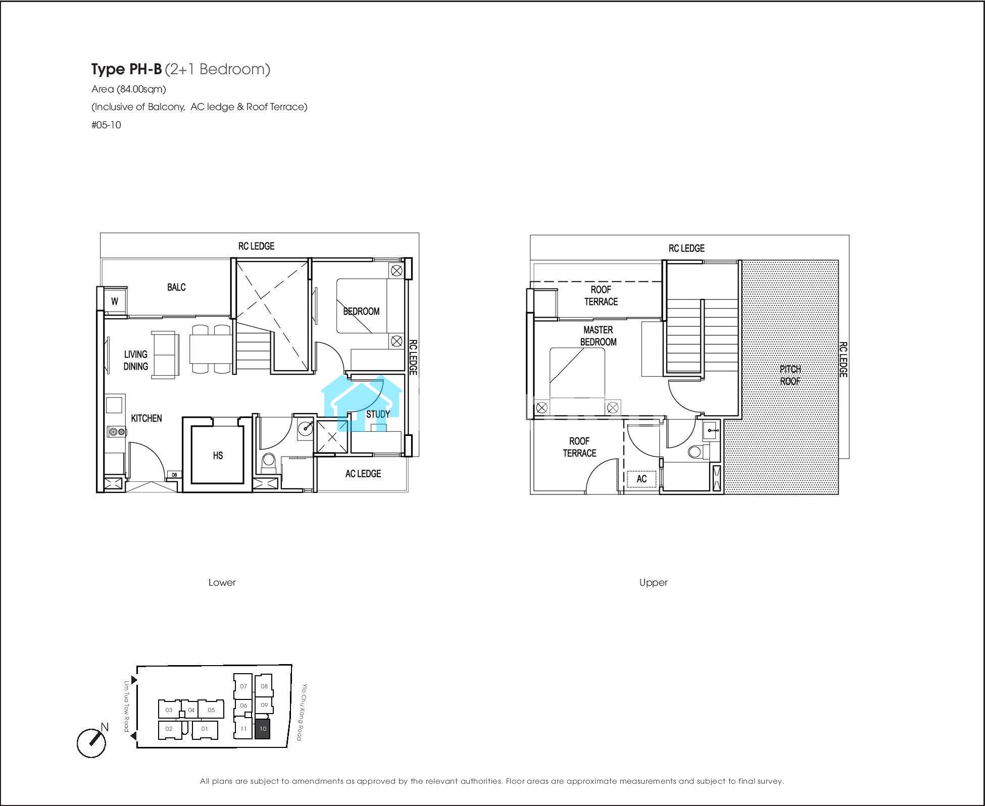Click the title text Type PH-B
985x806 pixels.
[126, 69]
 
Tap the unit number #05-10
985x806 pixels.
[106, 125]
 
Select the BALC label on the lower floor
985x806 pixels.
[176, 287]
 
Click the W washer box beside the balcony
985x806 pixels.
[115, 301]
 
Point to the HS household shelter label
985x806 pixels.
[218, 456]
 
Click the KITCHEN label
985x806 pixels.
[146, 418]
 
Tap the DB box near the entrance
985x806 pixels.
[174, 475]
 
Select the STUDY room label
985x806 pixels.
[378, 414]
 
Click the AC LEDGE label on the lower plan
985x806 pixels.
[363, 474]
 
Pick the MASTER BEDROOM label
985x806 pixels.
[598, 336]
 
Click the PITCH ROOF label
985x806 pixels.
[790, 375]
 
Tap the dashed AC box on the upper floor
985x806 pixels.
[642, 479]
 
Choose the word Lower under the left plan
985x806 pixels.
[222, 582]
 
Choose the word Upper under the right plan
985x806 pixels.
[653, 582]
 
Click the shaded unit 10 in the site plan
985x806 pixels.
[262, 729]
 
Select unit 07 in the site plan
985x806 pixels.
[243, 686]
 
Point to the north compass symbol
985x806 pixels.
[92, 742]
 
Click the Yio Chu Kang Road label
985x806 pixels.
[302, 712]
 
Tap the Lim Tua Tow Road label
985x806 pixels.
[127, 706]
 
